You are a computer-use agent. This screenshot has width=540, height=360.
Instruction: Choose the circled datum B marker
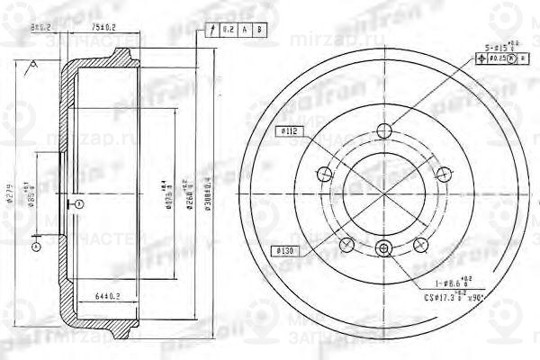click(x=37, y=245)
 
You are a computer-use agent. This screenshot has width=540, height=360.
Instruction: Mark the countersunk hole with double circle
click(x=383, y=249)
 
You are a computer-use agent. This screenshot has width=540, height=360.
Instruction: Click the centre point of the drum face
click(x=383, y=189)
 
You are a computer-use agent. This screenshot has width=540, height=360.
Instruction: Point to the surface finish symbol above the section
click(x=33, y=64)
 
